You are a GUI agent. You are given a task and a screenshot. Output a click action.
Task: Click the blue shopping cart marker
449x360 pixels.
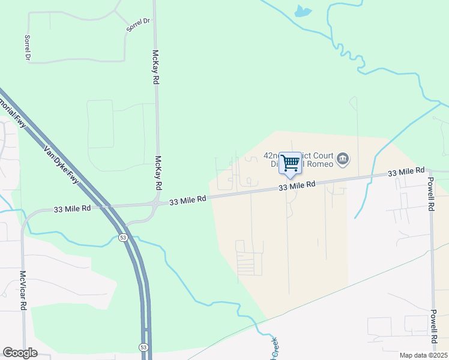tap(290, 163)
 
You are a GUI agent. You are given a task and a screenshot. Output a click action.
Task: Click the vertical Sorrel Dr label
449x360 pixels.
tap(27, 47)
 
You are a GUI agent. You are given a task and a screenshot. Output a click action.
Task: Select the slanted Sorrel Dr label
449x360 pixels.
tap(138, 25)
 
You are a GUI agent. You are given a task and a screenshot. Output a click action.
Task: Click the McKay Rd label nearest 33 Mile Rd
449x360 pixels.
tap(158, 173)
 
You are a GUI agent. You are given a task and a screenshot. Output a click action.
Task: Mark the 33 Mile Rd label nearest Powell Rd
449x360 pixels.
tap(406, 172)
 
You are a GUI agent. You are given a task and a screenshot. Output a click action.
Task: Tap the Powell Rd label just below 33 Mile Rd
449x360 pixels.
tap(431, 193)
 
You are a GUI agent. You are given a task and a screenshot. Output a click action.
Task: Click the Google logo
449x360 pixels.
tap(20, 353)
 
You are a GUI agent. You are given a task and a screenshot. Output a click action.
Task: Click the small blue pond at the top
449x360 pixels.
tap(303, 10)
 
